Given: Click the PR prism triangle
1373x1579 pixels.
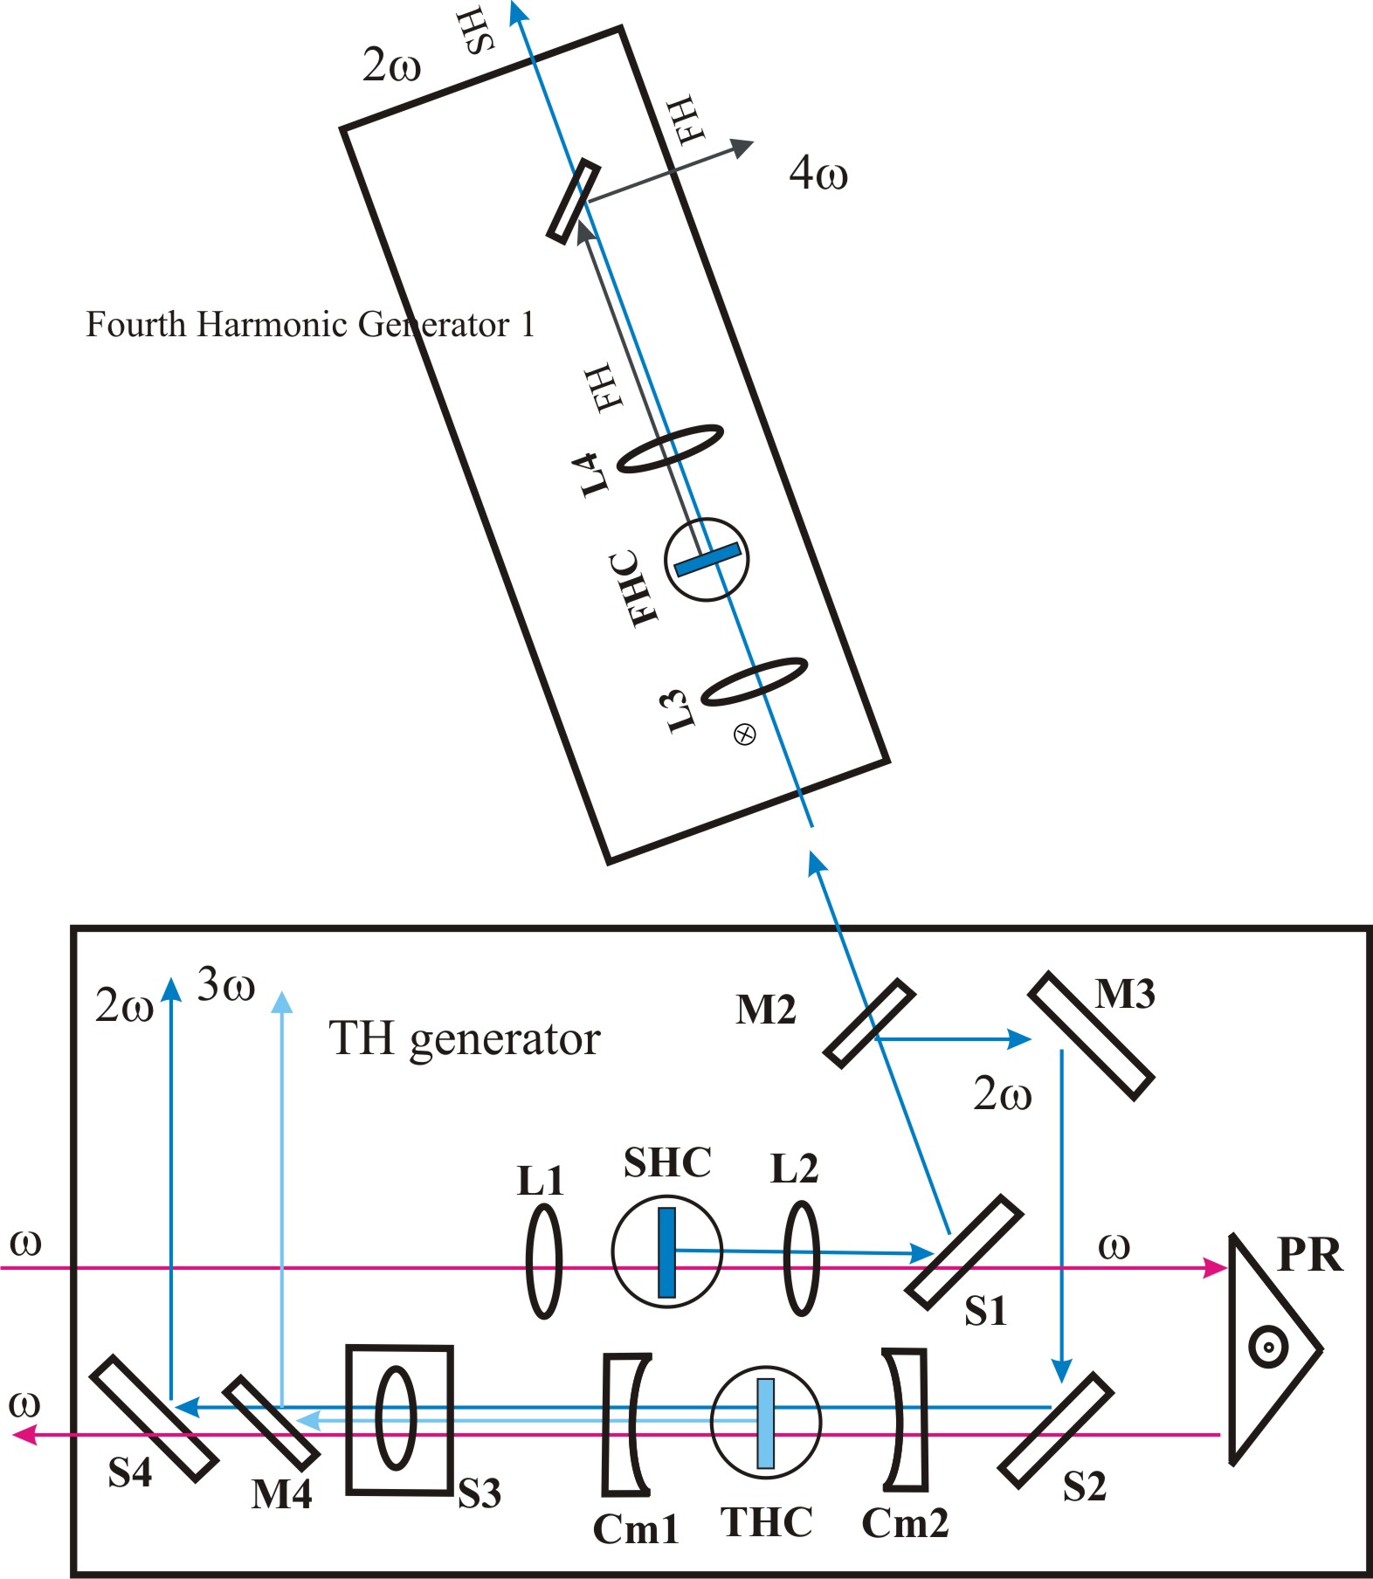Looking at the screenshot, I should click(1266, 1349).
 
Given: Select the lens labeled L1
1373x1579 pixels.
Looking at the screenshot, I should click(543, 1260).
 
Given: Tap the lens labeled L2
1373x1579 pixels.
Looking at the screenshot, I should click(801, 1258).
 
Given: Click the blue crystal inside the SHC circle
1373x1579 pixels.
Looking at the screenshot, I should click(666, 1252).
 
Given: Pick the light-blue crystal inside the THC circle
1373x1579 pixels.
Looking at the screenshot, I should click(765, 1423).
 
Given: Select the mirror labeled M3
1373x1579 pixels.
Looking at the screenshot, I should click(1091, 1036).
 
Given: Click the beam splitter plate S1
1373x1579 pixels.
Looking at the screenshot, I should click(963, 1252).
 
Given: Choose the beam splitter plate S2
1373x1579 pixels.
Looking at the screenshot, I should click(1055, 1430).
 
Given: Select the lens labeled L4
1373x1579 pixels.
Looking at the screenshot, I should click(670, 449).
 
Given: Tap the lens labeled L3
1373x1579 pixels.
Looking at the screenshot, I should click(754, 681).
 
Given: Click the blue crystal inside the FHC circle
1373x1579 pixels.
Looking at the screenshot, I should click(707, 560).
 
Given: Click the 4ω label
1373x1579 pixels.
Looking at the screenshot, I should click(818, 173).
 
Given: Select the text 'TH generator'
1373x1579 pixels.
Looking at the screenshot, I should click(464, 1039).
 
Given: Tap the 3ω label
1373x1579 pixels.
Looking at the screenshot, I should click(226, 985).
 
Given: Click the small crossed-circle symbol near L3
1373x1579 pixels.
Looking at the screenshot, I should click(744, 734).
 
